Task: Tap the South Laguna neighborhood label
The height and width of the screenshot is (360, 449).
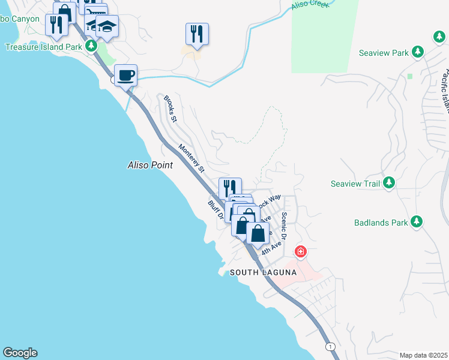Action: pyautogui.click(x=264, y=272)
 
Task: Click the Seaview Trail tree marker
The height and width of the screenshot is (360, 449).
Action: pyautogui.click(x=389, y=182)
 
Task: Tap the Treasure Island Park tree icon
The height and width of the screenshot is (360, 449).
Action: pyautogui.click(x=91, y=46)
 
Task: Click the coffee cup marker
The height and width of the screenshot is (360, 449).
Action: pyautogui.click(x=125, y=76)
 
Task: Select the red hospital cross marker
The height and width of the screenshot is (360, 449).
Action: pyautogui.click(x=300, y=252)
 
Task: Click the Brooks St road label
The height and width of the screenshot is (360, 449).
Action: pyautogui.click(x=170, y=109)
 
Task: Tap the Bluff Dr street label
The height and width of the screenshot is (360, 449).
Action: pyautogui.click(x=215, y=209)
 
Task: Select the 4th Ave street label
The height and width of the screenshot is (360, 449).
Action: pyautogui.click(x=271, y=248)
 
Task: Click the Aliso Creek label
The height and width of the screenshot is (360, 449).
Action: pyautogui.click(x=308, y=5)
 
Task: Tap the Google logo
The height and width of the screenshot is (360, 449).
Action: pyautogui.click(x=20, y=353)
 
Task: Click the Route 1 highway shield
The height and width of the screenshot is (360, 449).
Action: pyautogui.click(x=330, y=347)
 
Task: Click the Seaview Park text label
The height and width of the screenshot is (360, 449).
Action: pyautogui.click(x=384, y=53)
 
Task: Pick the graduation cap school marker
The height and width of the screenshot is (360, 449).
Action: pyautogui.click(x=107, y=26)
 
